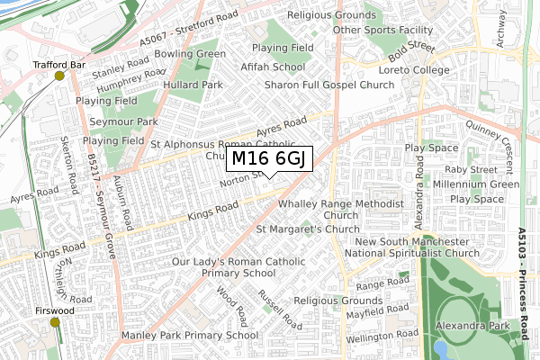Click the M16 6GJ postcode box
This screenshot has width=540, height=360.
click(x=270, y=159)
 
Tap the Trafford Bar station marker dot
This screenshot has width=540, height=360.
click(x=60, y=76)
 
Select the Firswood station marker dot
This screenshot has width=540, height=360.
click(x=55, y=322)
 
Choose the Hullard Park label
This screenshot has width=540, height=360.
click(x=193, y=85)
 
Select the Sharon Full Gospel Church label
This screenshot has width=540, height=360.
click(x=329, y=85)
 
